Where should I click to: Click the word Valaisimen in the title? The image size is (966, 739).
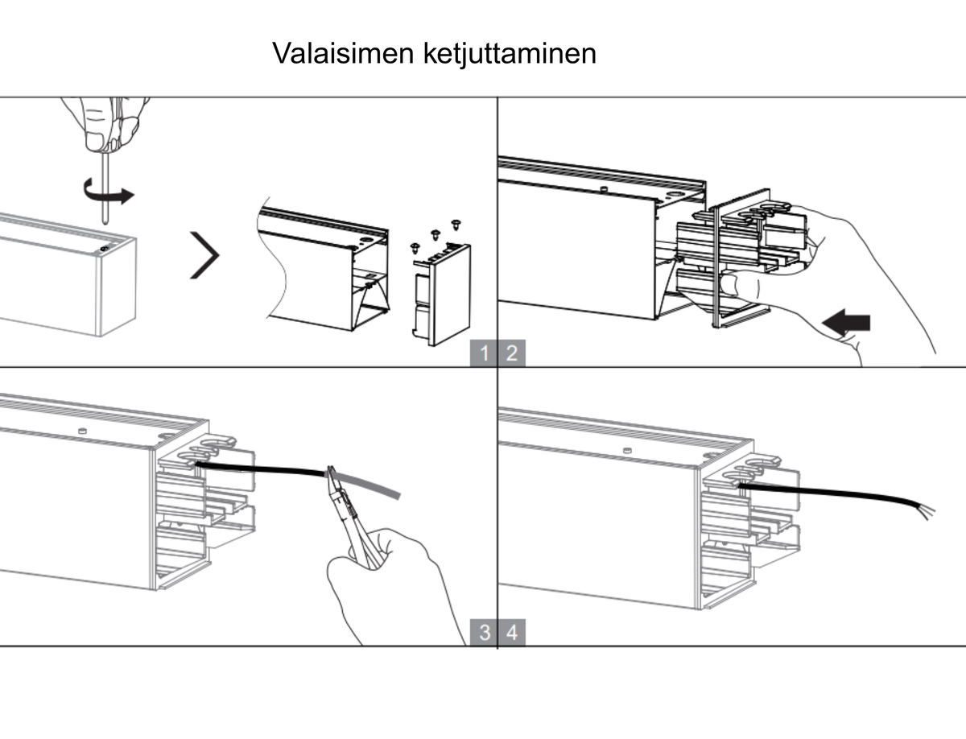click(343, 53)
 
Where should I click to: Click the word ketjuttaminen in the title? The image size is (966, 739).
click(510, 54)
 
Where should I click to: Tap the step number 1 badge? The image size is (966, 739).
click(484, 353)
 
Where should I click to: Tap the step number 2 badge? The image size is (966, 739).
click(512, 353)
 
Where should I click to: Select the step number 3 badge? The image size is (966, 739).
click(484, 633)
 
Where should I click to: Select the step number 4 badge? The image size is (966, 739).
click(512, 633)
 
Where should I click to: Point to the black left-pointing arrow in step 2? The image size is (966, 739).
click(846, 323)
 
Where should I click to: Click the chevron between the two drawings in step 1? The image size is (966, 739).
click(205, 255)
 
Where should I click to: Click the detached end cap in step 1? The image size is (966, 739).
click(442, 295)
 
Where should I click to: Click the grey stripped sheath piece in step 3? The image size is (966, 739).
click(365, 483)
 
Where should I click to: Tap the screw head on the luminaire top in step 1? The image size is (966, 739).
click(105, 249)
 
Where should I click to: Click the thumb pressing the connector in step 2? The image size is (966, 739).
click(738, 284)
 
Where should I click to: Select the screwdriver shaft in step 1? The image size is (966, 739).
click(105, 188)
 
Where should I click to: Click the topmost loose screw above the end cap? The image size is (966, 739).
click(456, 225)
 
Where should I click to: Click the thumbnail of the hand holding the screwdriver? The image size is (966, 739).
click(96, 141)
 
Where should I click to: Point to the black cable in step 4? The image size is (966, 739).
click(828, 493)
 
